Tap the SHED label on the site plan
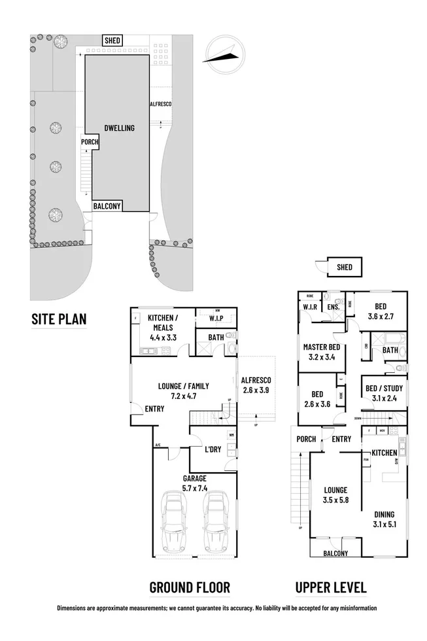point(112,41)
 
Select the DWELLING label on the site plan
point(119,128)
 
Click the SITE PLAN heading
point(59,319)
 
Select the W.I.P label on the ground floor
point(216,319)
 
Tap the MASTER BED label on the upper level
point(321,352)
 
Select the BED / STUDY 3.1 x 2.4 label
point(384,393)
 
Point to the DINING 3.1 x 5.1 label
point(384,519)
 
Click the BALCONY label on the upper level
point(335,553)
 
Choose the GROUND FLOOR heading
point(190,587)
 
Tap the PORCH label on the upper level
point(306,439)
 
